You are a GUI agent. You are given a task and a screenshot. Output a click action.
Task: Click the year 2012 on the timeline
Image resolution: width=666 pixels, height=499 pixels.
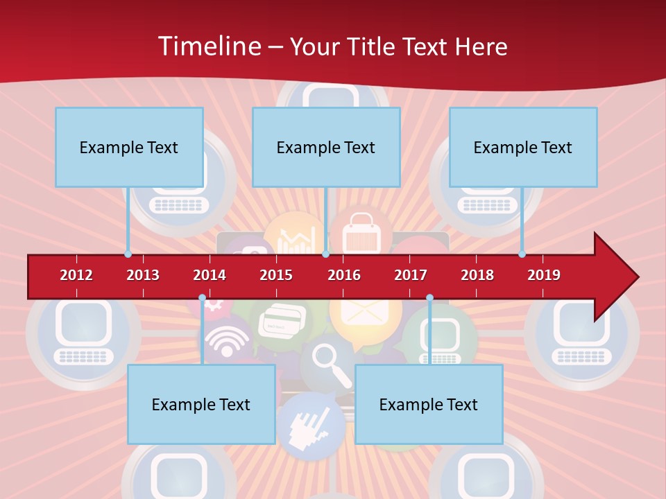[76, 275]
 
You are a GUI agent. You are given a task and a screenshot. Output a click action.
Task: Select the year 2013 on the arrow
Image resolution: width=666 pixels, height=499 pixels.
[143, 275]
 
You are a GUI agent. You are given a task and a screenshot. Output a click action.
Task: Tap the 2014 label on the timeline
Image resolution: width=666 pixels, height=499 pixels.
[210, 275]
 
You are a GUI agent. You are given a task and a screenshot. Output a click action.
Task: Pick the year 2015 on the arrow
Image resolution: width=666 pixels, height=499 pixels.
[276, 275]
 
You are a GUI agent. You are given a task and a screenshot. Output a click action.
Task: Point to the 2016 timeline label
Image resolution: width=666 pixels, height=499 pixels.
[344, 275]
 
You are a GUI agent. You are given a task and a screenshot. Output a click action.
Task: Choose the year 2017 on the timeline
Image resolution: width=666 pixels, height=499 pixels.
[411, 275]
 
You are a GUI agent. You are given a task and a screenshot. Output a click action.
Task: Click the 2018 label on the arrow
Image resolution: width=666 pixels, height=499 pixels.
[477, 275]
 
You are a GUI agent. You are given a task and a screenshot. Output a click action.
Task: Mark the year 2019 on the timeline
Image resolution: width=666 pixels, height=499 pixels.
[544, 275]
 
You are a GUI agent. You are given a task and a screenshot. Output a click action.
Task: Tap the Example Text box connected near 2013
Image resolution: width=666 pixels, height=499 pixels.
[129, 147]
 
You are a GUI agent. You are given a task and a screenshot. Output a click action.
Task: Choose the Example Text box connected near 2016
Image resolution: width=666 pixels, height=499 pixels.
[326, 147]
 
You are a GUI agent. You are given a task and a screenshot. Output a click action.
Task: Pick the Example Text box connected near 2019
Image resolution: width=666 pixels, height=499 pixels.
[523, 147]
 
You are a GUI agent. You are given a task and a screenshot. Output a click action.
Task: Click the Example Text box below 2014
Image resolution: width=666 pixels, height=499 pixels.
[201, 404]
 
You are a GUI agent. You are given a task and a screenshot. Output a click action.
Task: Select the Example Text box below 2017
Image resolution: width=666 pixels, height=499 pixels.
[429, 404]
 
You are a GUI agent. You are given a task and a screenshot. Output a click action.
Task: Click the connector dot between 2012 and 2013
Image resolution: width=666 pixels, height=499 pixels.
[128, 254]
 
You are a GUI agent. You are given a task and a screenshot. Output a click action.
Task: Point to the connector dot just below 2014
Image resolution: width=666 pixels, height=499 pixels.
[202, 298]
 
